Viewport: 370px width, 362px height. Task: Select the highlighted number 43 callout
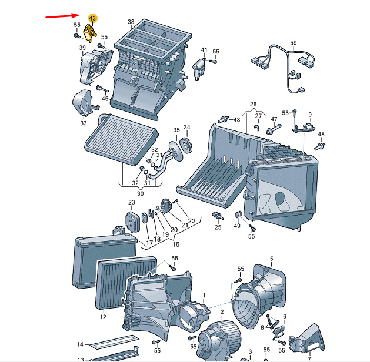(x=92, y=19)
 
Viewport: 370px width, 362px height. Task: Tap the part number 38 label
(x=131, y=22)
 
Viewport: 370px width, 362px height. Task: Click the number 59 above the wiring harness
(x=294, y=43)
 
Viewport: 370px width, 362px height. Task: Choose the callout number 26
(x=254, y=105)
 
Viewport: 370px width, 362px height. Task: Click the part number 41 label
(x=204, y=50)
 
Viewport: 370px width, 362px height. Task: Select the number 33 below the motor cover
(x=83, y=123)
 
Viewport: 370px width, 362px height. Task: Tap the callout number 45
(x=105, y=98)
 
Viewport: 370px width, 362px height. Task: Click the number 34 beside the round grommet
(x=187, y=128)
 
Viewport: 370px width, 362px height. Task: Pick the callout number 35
(x=176, y=130)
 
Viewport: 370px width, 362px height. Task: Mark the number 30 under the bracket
(x=140, y=193)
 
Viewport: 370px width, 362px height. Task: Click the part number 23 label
(x=132, y=203)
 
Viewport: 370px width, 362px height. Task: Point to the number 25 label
(x=218, y=227)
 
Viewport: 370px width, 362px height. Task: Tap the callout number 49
(x=237, y=226)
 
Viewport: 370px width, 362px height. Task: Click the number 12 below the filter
(x=103, y=317)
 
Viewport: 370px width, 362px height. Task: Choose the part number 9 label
(x=310, y=114)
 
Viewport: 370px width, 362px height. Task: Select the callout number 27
(x=258, y=116)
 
